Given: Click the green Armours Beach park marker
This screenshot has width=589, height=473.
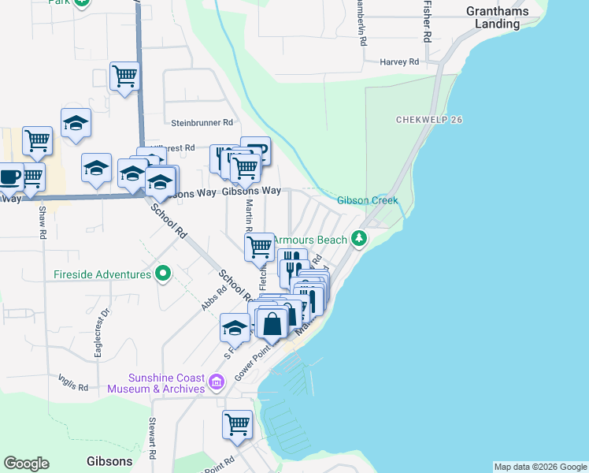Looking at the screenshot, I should coord(359,237).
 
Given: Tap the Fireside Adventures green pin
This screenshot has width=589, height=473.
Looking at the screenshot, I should coord(163,274).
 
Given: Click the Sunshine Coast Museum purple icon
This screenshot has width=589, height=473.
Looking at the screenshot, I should coord(217,383).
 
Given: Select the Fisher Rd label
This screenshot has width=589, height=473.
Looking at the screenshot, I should coord(427,21).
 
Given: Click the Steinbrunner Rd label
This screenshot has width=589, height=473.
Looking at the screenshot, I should coord(202,123).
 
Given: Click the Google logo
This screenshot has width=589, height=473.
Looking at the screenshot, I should coord(26,464).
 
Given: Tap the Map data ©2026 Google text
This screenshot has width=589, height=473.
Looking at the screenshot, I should coord(539,467).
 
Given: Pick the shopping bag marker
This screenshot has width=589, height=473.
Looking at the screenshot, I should coord(272,323).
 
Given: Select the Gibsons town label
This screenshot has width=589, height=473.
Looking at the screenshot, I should coord(109,461).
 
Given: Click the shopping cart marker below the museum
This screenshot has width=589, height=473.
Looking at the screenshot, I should coord(238,424).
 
